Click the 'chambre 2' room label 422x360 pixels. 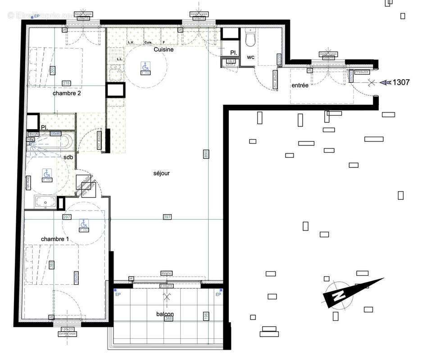pos(67,93)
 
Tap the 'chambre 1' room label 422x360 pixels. pos(55,239)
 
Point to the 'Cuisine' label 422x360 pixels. pos(163,50)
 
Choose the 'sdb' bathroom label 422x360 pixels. pos(68,157)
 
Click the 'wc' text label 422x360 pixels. pos(250,57)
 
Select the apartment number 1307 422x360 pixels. pos(401,82)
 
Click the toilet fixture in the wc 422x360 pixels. pos(250,39)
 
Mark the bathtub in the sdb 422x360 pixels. pos(50,143)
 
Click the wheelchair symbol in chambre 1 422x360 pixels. pos(83,224)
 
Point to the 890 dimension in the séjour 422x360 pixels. pos(205,153)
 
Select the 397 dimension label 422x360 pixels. pos(167,217)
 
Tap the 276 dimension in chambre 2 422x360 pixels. pos(67,83)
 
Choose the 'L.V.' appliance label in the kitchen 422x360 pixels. pos(131,43)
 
